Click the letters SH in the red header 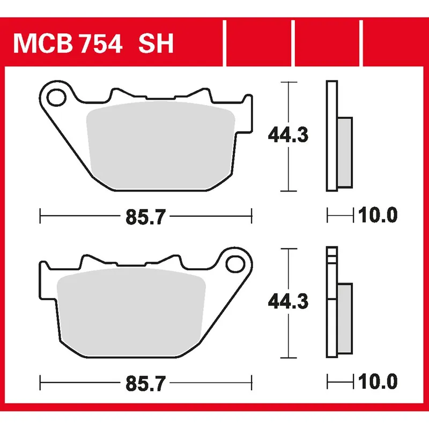pos(156,45)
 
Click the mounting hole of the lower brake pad pos(234,264)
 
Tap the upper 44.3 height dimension pos(289,136)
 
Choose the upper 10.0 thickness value pos(378,216)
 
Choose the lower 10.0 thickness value pos(378,382)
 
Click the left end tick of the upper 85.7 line pos(41,217)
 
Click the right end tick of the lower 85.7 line pos(251,383)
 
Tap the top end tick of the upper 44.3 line pos(289,83)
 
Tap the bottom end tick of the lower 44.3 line pos(289,357)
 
